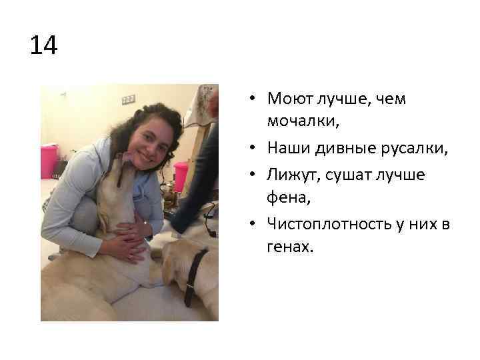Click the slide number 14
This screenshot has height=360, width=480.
coord(44,46)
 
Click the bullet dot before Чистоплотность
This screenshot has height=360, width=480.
coord(255,223)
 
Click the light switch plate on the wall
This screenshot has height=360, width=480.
coord(128,100)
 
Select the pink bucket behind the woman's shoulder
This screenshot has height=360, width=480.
coord(181,175)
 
